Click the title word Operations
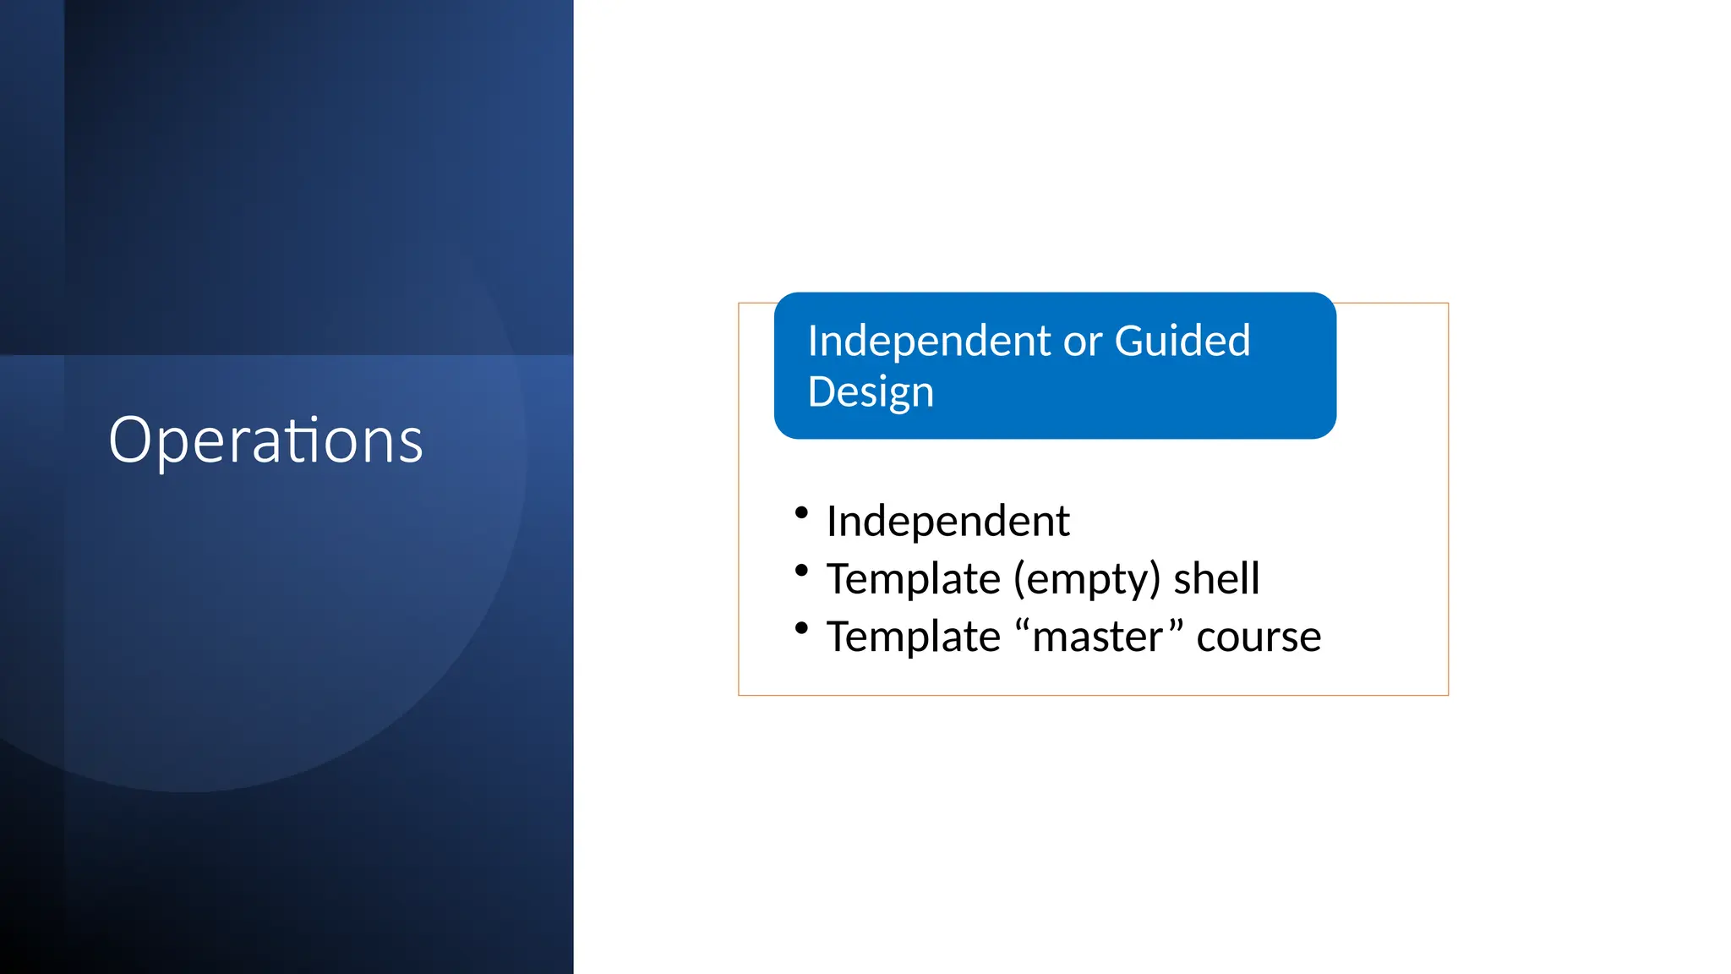[265, 440]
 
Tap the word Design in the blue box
[871, 392]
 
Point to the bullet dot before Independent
[801, 512]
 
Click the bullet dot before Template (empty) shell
[801, 571]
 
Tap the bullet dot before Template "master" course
[801, 628]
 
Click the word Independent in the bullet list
[947, 521]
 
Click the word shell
[1216, 579]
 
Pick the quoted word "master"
[1097, 637]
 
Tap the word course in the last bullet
[1259, 637]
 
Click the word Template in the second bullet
[913, 579]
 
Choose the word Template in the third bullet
[913, 637]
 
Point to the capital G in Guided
[1130, 341]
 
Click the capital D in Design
[822, 391]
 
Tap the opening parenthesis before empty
[1019, 580]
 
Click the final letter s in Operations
[412, 444]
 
